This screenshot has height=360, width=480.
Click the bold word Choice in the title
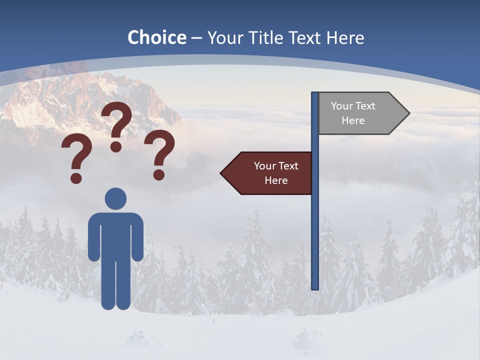pos(156,37)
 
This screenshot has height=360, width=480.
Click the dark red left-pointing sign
pos(267,173)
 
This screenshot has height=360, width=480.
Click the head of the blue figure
pos(116,198)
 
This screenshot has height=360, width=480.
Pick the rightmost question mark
pos(160,153)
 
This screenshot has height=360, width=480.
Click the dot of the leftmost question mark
pos(76,178)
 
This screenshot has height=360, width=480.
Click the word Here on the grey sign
pos(353,120)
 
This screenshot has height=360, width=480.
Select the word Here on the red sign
pos(276,180)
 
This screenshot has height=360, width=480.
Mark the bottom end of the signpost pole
pos(315,287)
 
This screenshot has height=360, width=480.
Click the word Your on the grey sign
pos(341,106)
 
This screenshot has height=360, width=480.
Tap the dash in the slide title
pos(196,38)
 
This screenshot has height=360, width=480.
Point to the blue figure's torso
pos(116,235)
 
